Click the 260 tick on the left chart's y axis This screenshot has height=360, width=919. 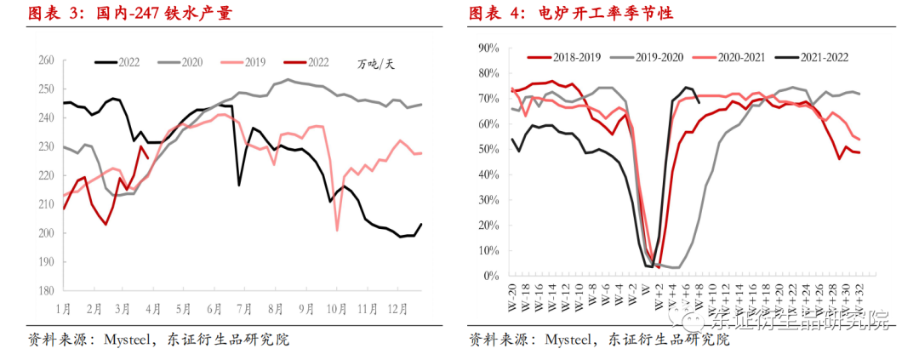[45, 60]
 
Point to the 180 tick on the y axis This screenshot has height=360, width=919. [45, 290]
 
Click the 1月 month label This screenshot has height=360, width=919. [64, 306]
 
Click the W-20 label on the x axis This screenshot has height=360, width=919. [514, 294]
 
